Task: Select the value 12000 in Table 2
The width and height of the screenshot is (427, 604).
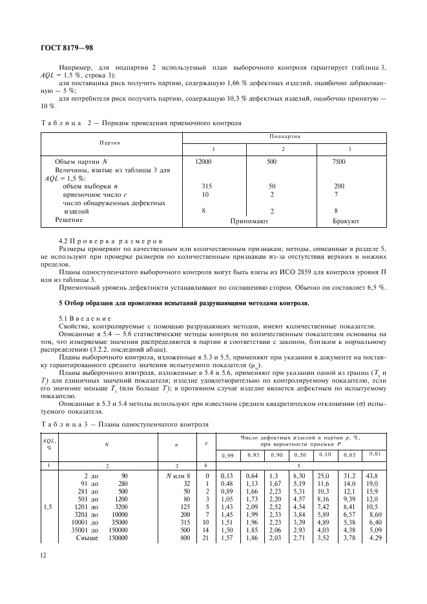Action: pos(203,161)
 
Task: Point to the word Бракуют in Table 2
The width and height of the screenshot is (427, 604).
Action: pos(346,220)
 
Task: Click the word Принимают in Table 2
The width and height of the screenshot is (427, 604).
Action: pos(249,220)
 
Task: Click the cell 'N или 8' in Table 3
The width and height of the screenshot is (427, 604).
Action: pos(178,476)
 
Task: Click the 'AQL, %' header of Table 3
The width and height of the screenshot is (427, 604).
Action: pos(48,443)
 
